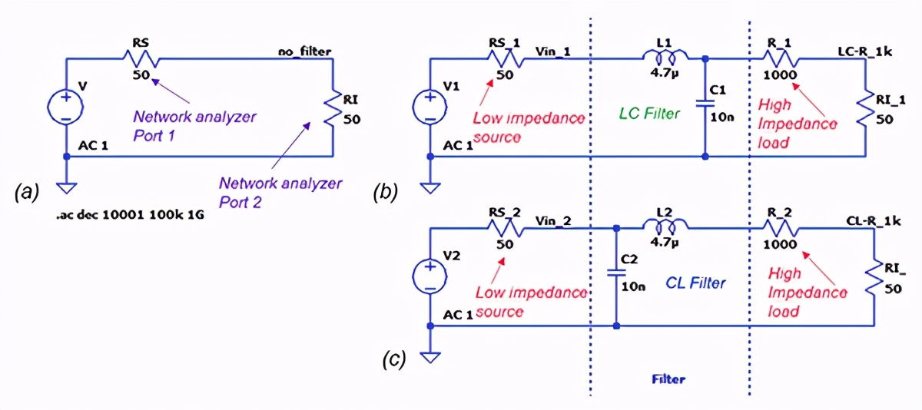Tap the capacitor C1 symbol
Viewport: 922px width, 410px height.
point(705,105)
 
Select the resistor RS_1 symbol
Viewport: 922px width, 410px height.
point(506,58)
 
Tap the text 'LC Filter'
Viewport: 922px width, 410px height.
point(649,114)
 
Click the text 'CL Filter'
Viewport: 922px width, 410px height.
point(694,283)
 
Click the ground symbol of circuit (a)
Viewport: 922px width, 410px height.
point(67,187)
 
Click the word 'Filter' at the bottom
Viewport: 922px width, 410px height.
point(668,379)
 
